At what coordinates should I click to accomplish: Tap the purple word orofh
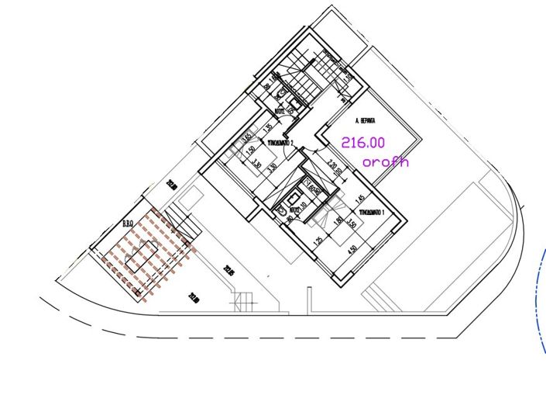[385, 162]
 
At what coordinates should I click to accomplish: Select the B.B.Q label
[128, 224]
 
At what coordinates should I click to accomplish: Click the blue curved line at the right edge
[538, 303]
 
